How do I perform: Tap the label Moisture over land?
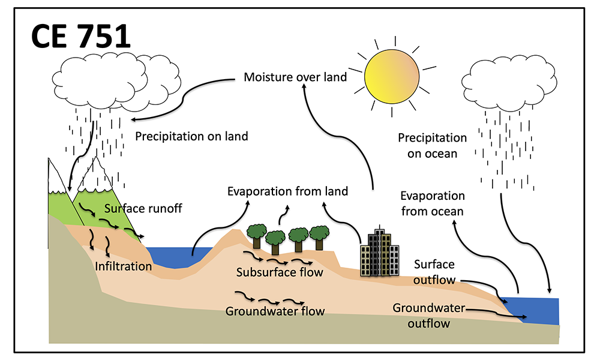click(295, 77)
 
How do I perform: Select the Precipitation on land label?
click(191, 136)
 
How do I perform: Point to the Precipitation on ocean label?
click(432, 146)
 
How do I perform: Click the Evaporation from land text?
click(287, 191)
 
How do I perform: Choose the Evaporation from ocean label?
click(432, 203)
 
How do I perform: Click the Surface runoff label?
click(143, 209)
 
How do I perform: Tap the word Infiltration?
click(123, 265)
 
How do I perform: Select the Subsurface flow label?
click(280, 272)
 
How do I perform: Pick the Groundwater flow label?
click(275, 311)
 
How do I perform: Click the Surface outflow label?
click(434, 272)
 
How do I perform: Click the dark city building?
click(379, 253)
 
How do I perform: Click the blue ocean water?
click(537, 309)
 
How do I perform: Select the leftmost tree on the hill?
click(257, 234)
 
